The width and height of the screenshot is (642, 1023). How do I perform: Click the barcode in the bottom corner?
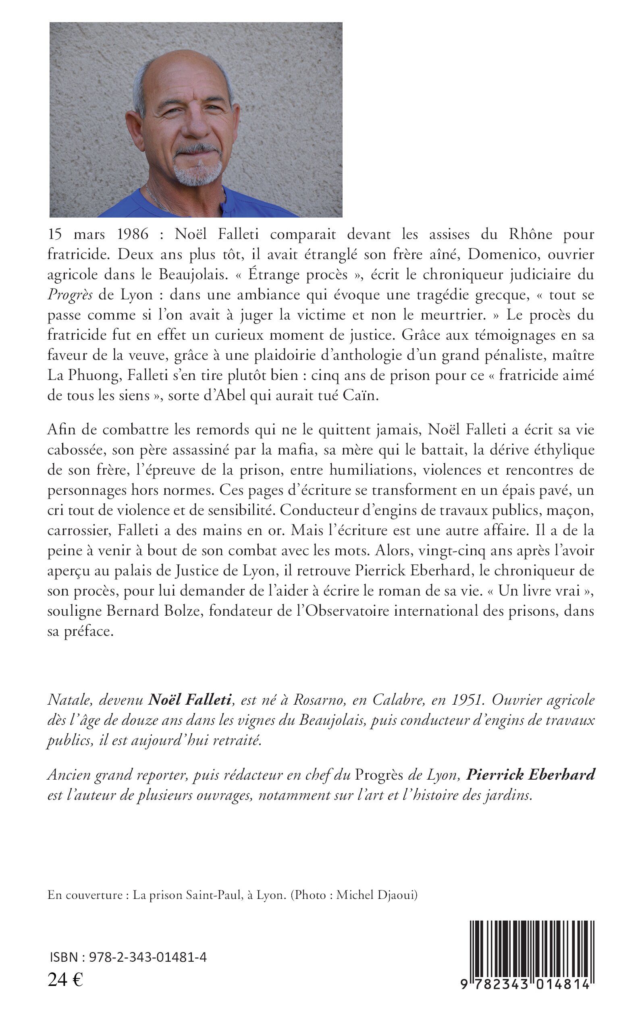[530, 955]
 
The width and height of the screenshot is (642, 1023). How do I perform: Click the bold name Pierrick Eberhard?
[530, 775]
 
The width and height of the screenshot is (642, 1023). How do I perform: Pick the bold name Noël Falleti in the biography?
[190, 700]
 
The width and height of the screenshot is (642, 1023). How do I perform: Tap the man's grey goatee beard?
[198, 173]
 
